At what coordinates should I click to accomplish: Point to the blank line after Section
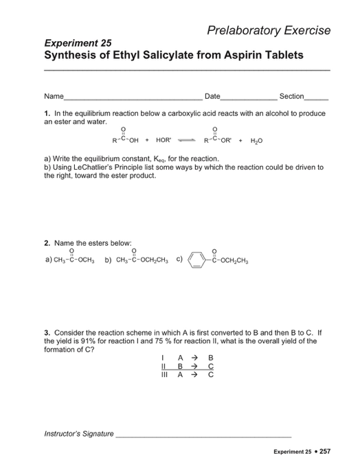[x=316, y=97]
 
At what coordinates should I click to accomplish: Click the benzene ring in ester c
[x=197, y=259]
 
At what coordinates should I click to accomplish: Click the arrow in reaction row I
[x=194, y=358]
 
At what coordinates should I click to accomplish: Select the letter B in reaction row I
[x=210, y=358]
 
